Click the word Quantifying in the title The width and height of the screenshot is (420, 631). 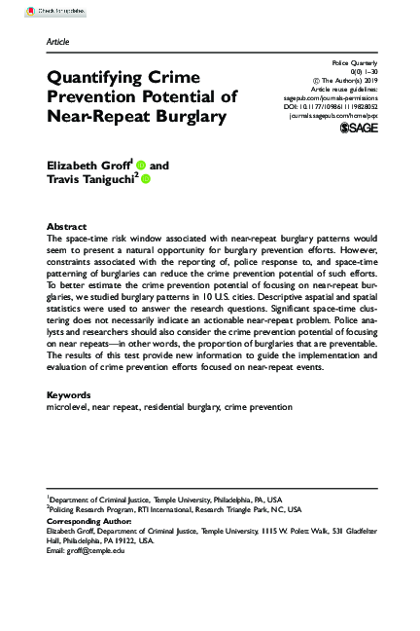96,77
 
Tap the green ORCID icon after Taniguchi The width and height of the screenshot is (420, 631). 147,180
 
